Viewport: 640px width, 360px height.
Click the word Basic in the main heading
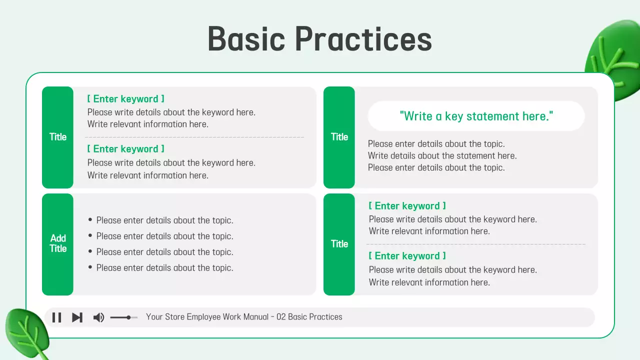[246, 39]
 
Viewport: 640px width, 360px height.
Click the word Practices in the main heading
[363, 39]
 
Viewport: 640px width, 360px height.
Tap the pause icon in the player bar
[56, 317]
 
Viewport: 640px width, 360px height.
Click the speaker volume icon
[98, 317]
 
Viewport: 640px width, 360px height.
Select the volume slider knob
[128, 317]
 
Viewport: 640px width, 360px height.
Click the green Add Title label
[58, 243]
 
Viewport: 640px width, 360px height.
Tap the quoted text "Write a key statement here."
[476, 116]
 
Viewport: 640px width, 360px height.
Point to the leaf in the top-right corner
[614, 60]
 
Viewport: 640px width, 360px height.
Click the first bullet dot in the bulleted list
[90, 219]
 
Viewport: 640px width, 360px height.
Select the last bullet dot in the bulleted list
[90, 267]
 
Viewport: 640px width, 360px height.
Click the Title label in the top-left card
[58, 137]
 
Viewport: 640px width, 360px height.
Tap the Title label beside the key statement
[339, 137]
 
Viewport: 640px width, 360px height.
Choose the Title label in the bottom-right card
[339, 243]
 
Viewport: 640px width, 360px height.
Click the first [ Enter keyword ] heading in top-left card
[125, 99]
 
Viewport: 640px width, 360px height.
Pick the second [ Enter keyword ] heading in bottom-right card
[407, 255]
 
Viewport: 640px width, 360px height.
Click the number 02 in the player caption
[281, 317]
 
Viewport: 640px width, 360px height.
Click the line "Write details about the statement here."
[442, 155]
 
